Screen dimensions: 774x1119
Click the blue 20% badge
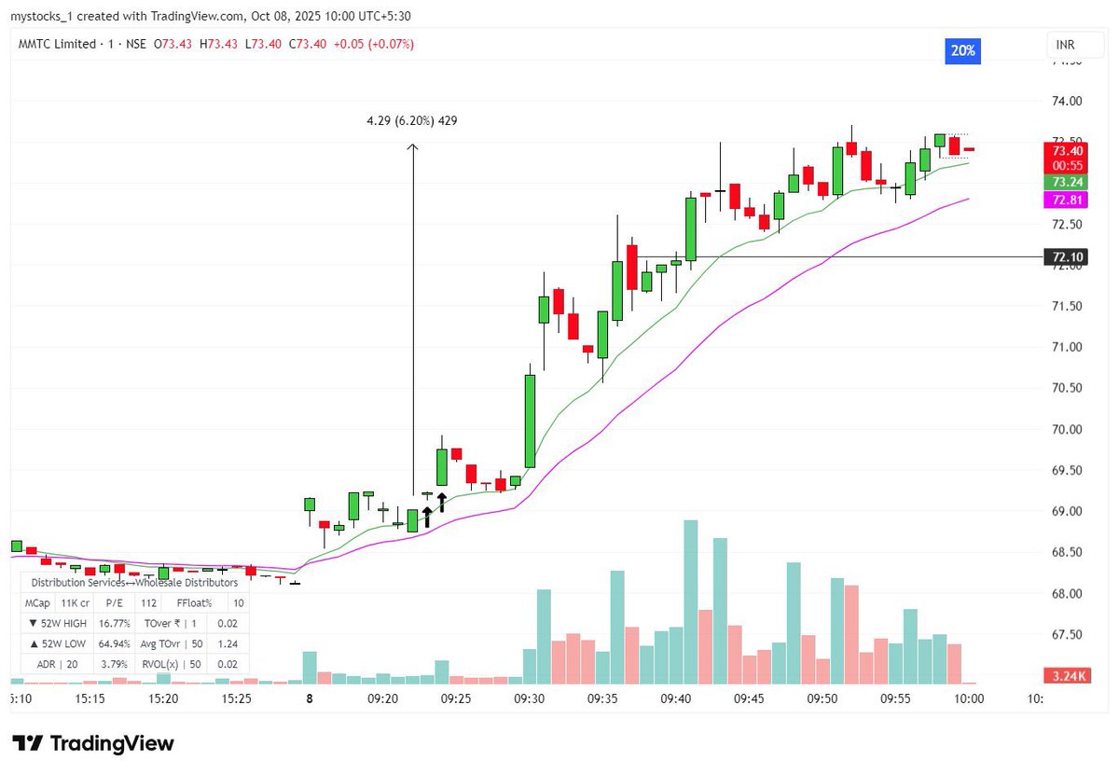point(962,51)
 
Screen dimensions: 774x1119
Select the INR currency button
point(1065,45)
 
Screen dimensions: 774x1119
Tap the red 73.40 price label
point(1067,150)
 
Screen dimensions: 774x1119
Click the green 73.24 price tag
point(1067,182)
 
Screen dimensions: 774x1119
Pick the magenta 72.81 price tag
point(1067,200)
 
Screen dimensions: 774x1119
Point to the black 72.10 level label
point(1067,256)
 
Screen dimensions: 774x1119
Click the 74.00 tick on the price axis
point(1067,101)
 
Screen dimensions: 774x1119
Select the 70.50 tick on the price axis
point(1067,388)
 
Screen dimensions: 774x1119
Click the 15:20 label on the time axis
point(163,697)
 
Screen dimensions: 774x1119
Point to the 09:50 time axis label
point(822,697)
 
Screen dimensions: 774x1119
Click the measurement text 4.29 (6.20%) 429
point(412,120)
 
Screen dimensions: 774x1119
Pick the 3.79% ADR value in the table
point(112,664)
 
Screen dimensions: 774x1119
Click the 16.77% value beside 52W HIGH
point(112,623)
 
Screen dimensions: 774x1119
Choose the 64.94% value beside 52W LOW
point(112,643)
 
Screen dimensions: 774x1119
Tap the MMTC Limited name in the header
point(57,44)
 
